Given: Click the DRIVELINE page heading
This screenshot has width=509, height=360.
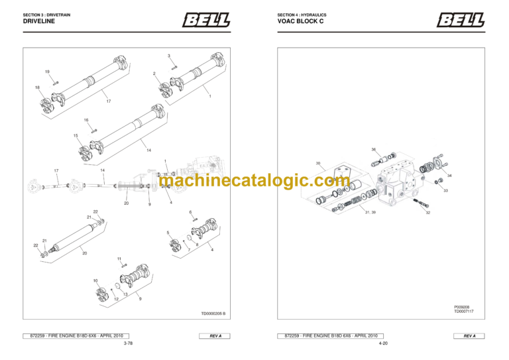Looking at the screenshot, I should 38,21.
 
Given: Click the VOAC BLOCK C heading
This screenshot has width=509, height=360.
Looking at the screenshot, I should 300,21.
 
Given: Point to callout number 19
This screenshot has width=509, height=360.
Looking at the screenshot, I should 47,71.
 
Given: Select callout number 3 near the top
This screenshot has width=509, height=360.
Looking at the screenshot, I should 168,56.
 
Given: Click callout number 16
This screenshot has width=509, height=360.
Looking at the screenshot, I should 86,120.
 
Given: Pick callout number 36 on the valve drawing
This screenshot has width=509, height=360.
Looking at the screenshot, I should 374,150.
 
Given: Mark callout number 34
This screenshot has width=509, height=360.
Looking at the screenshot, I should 449,176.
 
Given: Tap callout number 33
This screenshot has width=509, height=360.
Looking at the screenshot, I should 445,190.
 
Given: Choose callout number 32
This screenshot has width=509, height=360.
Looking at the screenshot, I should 428,213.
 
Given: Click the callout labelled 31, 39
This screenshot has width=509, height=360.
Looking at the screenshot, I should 370,212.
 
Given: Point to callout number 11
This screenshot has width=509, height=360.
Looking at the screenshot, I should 119,259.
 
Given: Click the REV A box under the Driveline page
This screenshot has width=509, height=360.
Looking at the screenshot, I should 215,336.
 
